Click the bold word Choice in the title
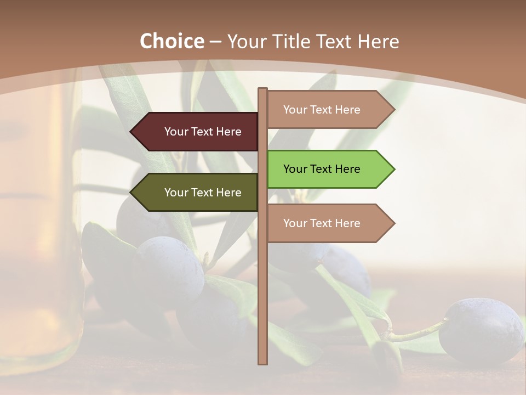point(171,41)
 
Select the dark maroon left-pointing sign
point(197,132)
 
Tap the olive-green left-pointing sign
point(197,193)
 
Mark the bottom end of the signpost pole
point(263,362)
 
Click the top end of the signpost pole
point(263,90)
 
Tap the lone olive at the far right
point(481,330)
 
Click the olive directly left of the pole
point(169,269)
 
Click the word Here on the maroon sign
point(228,132)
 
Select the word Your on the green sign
point(295,169)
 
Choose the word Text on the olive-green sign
point(203,193)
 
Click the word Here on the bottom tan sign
point(347,223)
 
